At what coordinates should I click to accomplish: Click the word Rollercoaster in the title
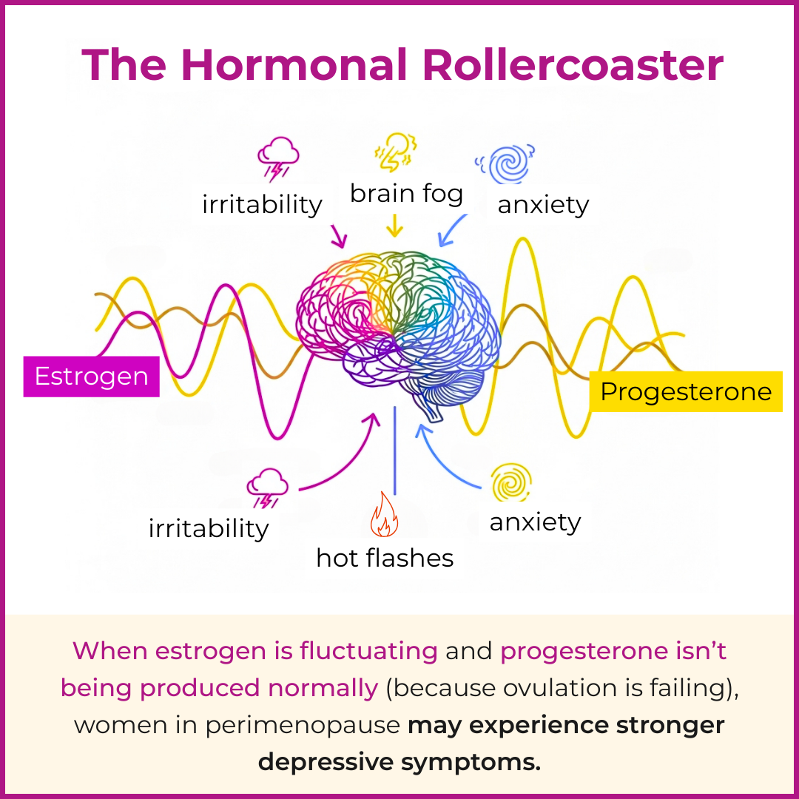[573, 64]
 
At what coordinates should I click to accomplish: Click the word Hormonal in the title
[294, 64]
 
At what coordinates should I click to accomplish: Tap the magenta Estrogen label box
[91, 377]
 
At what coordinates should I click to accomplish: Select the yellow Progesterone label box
[686, 391]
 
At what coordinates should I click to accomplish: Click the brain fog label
[406, 194]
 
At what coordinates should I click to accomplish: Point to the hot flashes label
[385, 558]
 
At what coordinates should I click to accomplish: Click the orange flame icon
[384, 515]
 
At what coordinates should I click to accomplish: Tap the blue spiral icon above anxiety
[505, 163]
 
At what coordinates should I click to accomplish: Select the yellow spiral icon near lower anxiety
[510, 482]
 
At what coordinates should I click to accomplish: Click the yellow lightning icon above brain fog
[396, 152]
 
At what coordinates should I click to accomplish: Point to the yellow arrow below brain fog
[394, 225]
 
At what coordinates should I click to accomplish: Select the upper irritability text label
[262, 205]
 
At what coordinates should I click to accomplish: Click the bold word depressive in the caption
[326, 763]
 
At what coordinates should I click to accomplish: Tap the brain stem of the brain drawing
[431, 411]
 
